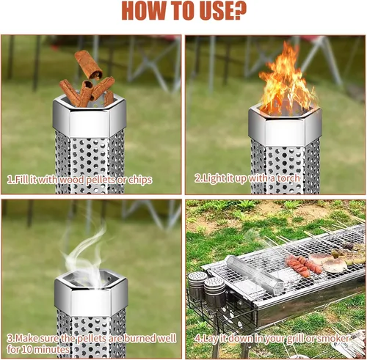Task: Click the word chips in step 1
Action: pyautogui.click(x=140, y=180)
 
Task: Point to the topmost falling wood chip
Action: pyautogui.click(x=89, y=65)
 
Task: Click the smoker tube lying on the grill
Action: pyautogui.click(x=255, y=274)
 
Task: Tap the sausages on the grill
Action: pyautogui.click(x=303, y=265)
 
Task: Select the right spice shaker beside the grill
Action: pyautogui.click(x=214, y=291)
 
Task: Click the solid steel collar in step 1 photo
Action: pyautogui.click(x=90, y=119)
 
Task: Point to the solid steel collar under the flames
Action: pyautogui.click(x=285, y=127)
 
